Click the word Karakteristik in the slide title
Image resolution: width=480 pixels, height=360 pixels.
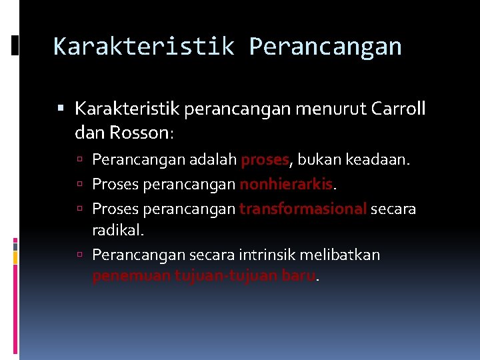[143, 47]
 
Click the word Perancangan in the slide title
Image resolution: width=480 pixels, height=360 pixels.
[325, 47]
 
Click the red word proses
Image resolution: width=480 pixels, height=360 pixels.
[265, 161]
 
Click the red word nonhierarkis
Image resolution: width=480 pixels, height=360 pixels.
[285, 184]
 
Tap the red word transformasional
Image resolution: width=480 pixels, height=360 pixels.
[303, 209]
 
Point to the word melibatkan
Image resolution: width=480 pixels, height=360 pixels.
[341, 255]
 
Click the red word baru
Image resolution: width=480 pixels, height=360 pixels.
[298, 276]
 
